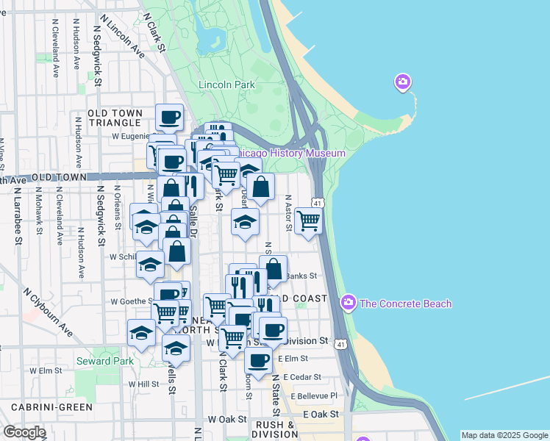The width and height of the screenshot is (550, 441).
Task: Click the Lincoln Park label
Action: pyautogui.click(x=226, y=85)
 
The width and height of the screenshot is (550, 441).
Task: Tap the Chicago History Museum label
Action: pyautogui.click(x=289, y=153)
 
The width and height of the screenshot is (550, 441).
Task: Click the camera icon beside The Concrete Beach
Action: pyautogui.click(x=348, y=302)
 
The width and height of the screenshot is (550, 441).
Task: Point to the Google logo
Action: pyautogui.click(x=24, y=432)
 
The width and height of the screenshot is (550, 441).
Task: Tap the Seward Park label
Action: pyautogui.click(x=104, y=361)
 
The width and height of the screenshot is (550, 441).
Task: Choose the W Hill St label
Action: pyautogui.click(x=143, y=384)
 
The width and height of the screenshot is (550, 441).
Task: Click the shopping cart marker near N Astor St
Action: pyautogui.click(x=309, y=219)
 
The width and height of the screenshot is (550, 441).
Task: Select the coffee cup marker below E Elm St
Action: pyautogui.click(x=258, y=361)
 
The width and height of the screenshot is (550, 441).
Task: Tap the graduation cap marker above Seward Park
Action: pyautogui.click(x=141, y=333)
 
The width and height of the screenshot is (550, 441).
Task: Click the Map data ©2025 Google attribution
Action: pyautogui.click(x=504, y=435)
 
